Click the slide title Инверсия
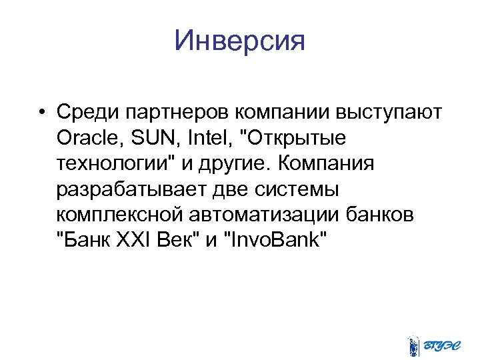point(239,41)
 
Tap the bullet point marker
point(41,112)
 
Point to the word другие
point(237,164)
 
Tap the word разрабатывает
point(130,190)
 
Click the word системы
point(296,190)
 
